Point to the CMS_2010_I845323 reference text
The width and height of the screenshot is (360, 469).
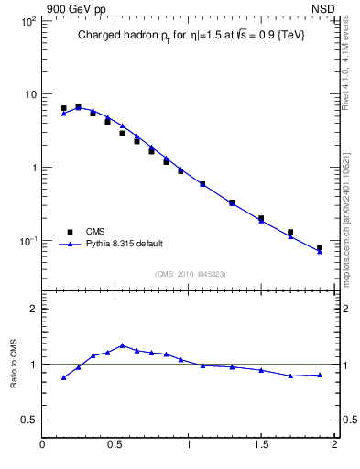[x=190, y=273]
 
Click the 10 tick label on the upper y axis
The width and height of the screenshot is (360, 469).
[x=30, y=94]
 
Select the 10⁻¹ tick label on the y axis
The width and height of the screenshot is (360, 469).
[x=27, y=241]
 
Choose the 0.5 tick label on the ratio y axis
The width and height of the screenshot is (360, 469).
[x=28, y=420]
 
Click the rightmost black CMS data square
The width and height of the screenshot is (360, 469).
[x=320, y=247]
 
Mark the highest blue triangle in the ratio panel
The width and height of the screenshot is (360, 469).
[x=122, y=345]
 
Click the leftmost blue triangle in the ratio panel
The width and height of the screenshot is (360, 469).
[x=63, y=377]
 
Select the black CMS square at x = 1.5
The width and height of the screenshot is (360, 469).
[x=261, y=218]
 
